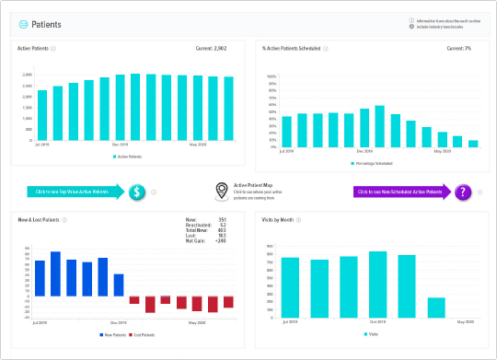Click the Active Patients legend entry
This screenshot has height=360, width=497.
[x=133, y=157]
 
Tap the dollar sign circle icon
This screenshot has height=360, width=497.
[x=136, y=192]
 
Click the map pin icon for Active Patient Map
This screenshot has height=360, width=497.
[x=221, y=192]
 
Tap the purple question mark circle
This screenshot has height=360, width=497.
[x=462, y=192]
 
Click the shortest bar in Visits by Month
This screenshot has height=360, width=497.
[x=436, y=307]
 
